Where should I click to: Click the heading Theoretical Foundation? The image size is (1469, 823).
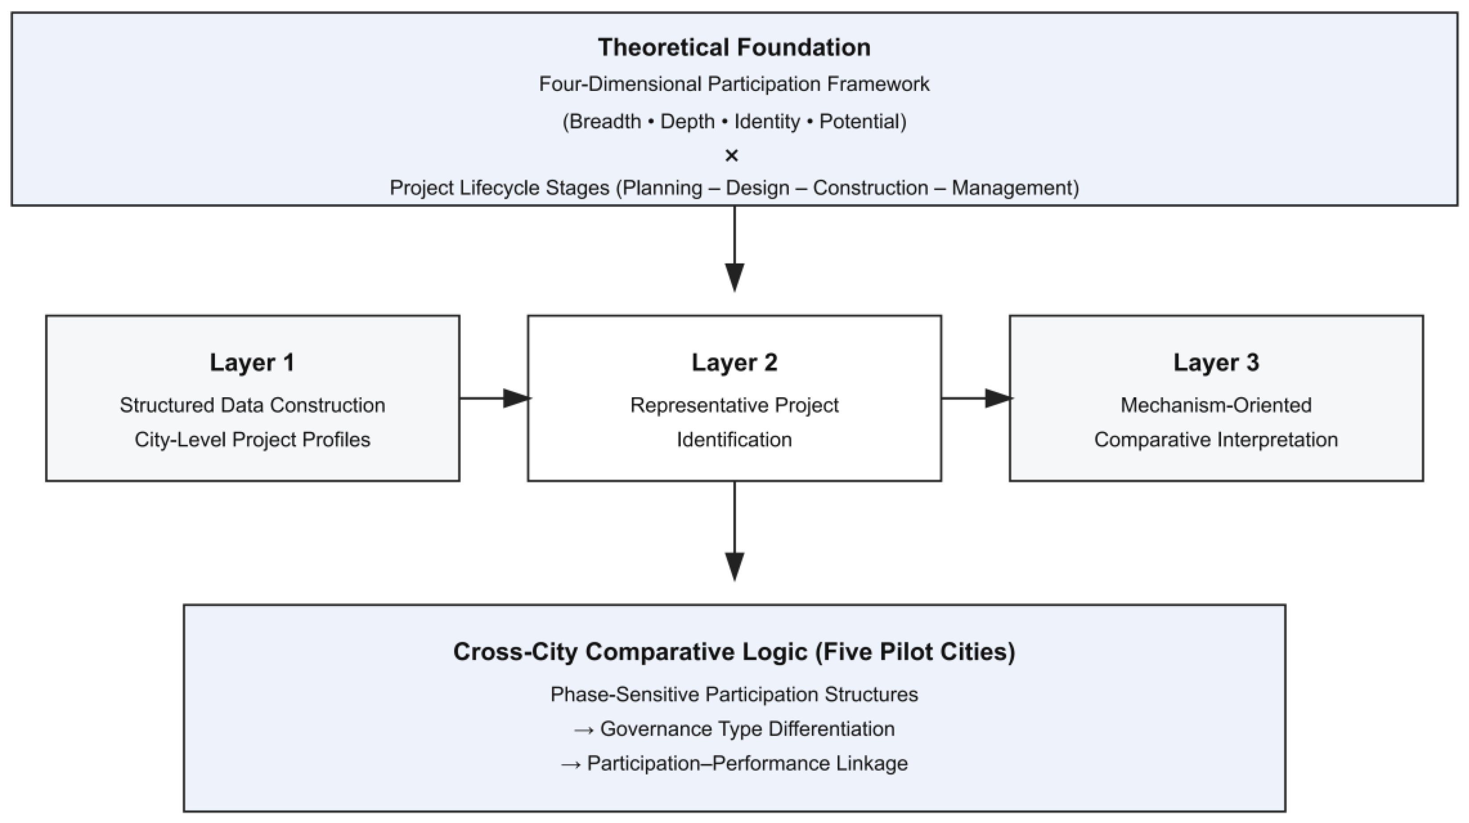tap(734, 47)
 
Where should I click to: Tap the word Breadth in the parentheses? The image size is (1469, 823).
tap(605, 121)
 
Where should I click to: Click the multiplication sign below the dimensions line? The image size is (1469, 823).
tap(732, 155)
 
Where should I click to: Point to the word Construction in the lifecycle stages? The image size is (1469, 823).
tap(870, 188)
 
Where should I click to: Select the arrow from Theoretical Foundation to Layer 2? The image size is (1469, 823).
tap(735, 249)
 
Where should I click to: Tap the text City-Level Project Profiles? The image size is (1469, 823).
tap(252, 440)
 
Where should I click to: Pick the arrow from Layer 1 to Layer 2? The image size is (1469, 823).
tap(495, 398)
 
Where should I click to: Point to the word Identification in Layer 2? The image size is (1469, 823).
tap(735, 440)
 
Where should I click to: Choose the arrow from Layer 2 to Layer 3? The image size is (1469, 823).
tap(976, 398)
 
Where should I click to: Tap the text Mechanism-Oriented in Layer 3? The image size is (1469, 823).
tap(1216, 405)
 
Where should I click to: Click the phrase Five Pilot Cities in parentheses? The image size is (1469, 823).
tap(915, 652)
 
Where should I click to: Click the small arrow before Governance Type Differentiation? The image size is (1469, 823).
tap(584, 730)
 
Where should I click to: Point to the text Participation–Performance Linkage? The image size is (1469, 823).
tap(747, 764)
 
